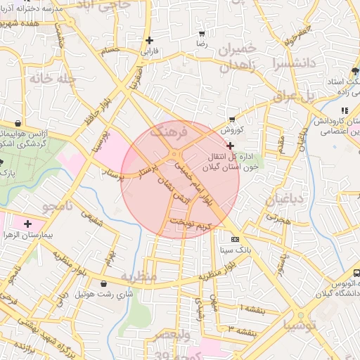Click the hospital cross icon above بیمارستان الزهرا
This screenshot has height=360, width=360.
point(27,224)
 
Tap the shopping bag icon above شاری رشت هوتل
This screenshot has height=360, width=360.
point(104,283)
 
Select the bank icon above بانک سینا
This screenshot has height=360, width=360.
point(225,239)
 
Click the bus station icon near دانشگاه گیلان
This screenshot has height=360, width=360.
point(356,271)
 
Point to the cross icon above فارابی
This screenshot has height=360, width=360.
point(148,41)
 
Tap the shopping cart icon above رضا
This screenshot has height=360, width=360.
point(202,34)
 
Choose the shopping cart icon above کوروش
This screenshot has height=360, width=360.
point(231,120)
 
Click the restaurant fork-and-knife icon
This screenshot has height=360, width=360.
point(344,110)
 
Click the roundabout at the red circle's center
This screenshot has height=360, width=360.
point(174,155)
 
